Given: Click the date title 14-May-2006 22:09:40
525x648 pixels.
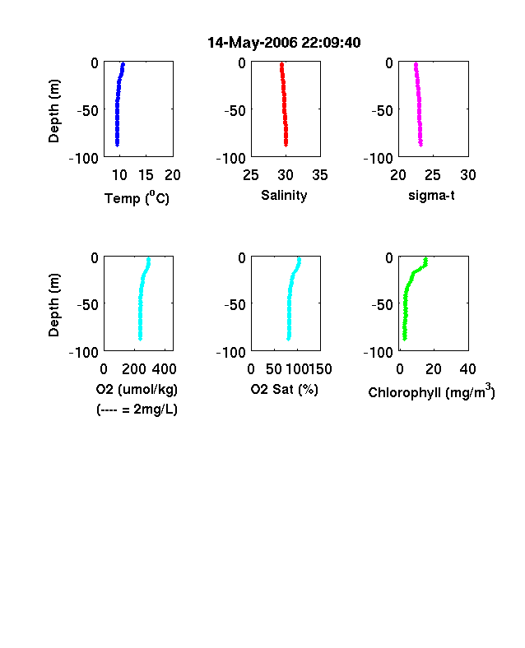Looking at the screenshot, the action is click(284, 43).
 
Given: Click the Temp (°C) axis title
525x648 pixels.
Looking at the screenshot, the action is click(137, 198).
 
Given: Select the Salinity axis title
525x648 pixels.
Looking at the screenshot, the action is click(284, 196).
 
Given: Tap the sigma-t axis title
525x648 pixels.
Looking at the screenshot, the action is click(431, 195).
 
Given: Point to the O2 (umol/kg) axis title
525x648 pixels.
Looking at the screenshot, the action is click(137, 389).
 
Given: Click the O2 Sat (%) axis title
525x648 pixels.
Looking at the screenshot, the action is click(285, 389).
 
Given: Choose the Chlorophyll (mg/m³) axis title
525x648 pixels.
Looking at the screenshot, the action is click(431, 391).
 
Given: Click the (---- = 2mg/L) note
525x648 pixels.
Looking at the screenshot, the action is click(137, 410).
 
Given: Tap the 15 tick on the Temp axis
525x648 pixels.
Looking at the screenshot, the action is click(146, 175).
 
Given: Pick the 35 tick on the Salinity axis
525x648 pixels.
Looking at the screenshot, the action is click(320, 175).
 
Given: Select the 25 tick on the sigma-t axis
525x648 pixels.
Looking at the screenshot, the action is click(432, 175).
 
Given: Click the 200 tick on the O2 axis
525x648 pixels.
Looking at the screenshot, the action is click(133, 369).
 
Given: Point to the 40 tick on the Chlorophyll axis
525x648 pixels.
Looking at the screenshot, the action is click(467, 369).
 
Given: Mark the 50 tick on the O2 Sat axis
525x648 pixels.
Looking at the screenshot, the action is click(274, 369).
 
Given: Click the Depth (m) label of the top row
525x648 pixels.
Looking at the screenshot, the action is click(53, 111).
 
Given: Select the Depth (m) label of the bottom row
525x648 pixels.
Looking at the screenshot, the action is click(53, 305).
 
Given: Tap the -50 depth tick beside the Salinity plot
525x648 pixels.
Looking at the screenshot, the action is click(235, 111).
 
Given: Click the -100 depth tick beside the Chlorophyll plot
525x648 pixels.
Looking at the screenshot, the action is click(378, 353).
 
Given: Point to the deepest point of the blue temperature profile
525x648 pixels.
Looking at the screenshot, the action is click(117, 145).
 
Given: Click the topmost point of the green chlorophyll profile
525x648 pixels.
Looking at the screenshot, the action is click(425, 259).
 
